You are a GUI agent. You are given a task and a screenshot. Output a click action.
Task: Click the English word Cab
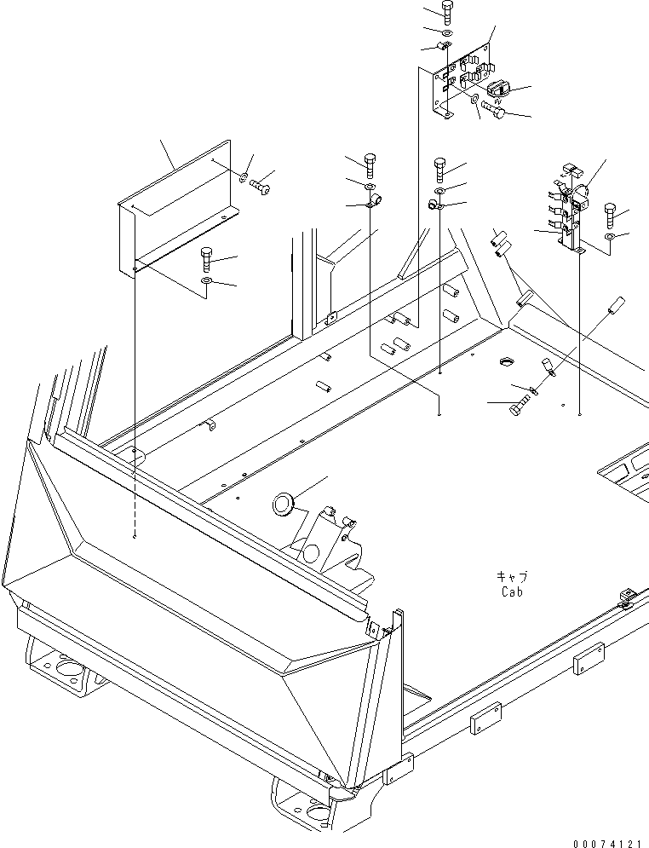512,591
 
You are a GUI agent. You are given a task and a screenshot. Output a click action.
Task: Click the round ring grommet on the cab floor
282,504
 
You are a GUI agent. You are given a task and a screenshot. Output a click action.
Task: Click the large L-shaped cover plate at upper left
170,209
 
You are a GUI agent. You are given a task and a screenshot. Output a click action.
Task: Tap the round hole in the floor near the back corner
503,363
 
